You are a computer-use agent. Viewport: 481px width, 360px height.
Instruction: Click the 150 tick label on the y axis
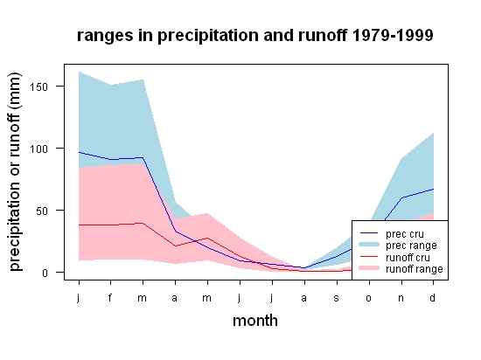(x=38, y=87)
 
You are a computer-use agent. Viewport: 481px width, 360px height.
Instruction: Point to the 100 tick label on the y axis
(x=38, y=149)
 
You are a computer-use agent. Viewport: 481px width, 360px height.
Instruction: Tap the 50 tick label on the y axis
(x=42, y=211)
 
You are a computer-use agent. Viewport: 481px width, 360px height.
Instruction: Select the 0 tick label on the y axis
(x=45, y=273)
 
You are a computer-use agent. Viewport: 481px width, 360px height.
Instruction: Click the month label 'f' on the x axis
(x=110, y=297)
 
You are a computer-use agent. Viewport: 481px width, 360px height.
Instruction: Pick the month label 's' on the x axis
(x=337, y=298)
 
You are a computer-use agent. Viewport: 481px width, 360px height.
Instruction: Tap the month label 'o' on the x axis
(x=369, y=298)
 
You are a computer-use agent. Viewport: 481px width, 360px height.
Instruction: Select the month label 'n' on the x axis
(x=401, y=298)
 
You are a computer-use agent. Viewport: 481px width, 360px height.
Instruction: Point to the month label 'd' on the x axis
(x=433, y=297)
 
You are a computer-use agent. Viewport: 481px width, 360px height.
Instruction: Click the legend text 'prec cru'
(x=405, y=234)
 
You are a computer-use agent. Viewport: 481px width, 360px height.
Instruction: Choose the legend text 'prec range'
(x=411, y=246)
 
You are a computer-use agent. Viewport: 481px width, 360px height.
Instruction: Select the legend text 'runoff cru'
(x=408, y=258)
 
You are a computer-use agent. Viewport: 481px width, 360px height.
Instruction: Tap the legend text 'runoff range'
(x=415, y=269)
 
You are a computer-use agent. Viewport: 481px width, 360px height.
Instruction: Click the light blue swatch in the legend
(x=369, y=245)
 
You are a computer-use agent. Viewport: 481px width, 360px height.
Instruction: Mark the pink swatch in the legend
(x=369, y=268)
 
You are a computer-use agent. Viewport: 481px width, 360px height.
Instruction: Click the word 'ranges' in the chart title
(x=105, y=36)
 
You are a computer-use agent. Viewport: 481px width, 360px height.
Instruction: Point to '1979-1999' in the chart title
(x=393, y=35)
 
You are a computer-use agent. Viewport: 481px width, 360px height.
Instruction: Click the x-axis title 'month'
(x=255, y=321)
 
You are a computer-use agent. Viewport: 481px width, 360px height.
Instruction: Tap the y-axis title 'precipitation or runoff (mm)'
(x=16, y=172)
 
